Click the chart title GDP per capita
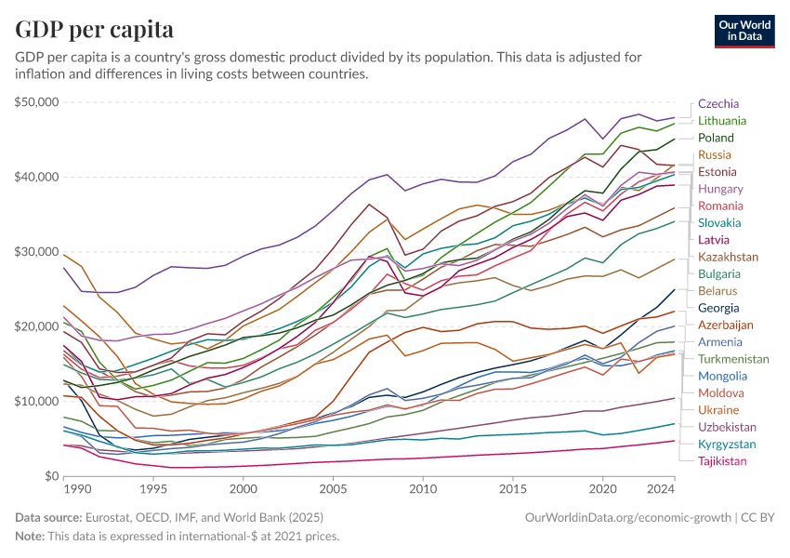(95, 29)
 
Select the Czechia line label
(718, 103)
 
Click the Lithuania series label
(722, 121)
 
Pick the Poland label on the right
(716, 138)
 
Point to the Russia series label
(715, 154)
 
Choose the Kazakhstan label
(728, 257)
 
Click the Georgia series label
(718, 308)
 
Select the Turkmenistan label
(733, 359)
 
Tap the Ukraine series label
(718, 410)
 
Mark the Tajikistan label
(722, 461)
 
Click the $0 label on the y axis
(51, 476)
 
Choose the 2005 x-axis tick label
(333, 488)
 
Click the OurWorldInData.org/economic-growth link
(629, 516)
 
